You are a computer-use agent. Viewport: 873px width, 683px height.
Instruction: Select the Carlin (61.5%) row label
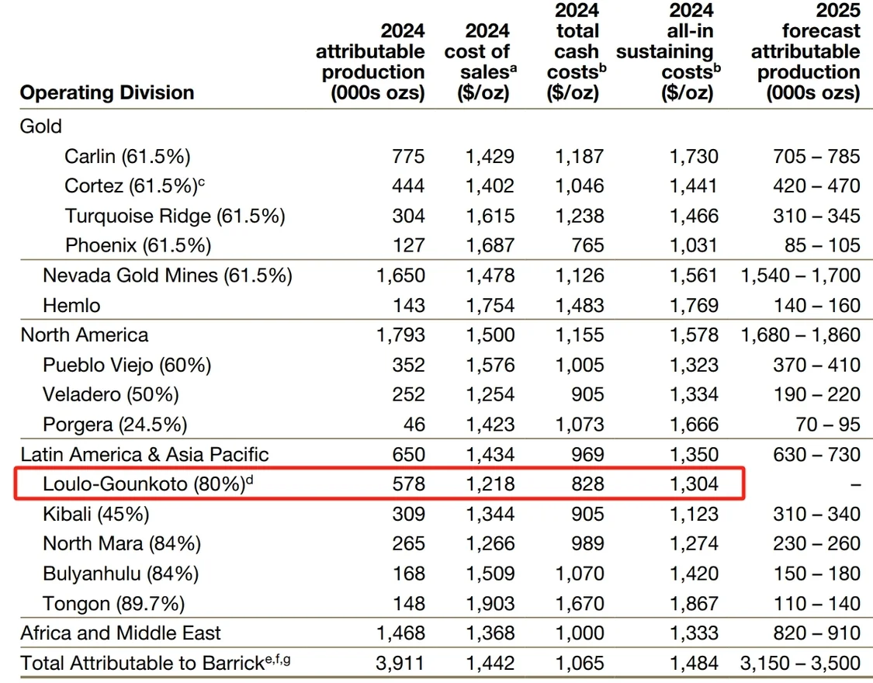click(127, 156)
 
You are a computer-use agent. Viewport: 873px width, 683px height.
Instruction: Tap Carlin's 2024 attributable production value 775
click(407, 156)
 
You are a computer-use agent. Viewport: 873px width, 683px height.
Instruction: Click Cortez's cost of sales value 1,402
click(490, 185)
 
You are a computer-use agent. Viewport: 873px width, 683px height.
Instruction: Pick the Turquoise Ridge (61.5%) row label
click(175, 216)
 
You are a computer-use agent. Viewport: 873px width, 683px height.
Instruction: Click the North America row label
click(84, 335)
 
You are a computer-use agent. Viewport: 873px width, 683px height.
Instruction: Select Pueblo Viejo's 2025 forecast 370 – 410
click(816, 365)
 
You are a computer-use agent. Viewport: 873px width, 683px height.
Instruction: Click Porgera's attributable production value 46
click(414, 425)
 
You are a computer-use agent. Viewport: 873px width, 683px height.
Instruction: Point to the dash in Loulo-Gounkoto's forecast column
click(854, 484)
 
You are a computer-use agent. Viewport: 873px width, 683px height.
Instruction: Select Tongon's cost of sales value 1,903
click(490, 603)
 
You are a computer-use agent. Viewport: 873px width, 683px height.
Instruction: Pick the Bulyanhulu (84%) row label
click(120, 574)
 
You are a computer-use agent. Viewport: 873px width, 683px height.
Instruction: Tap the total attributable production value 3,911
click(400, 663)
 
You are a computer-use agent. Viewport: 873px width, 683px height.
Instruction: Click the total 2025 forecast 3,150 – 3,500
click(801, 663)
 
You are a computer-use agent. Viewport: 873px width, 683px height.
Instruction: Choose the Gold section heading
click(40, 126)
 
